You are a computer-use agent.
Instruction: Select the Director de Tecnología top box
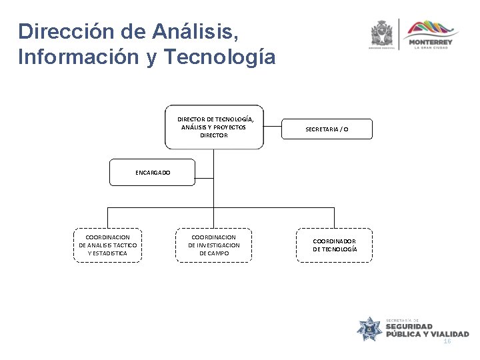(213, 127)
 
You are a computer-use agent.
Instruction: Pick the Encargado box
(153, 172)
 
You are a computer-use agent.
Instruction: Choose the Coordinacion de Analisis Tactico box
(107, 245)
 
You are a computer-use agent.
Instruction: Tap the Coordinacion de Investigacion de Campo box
(213, 245)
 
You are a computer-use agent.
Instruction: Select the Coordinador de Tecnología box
(335, 245)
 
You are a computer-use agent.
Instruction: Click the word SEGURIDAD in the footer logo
(409, 327)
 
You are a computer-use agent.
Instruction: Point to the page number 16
(447, 341)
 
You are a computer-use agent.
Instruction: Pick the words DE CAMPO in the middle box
(213, 253)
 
